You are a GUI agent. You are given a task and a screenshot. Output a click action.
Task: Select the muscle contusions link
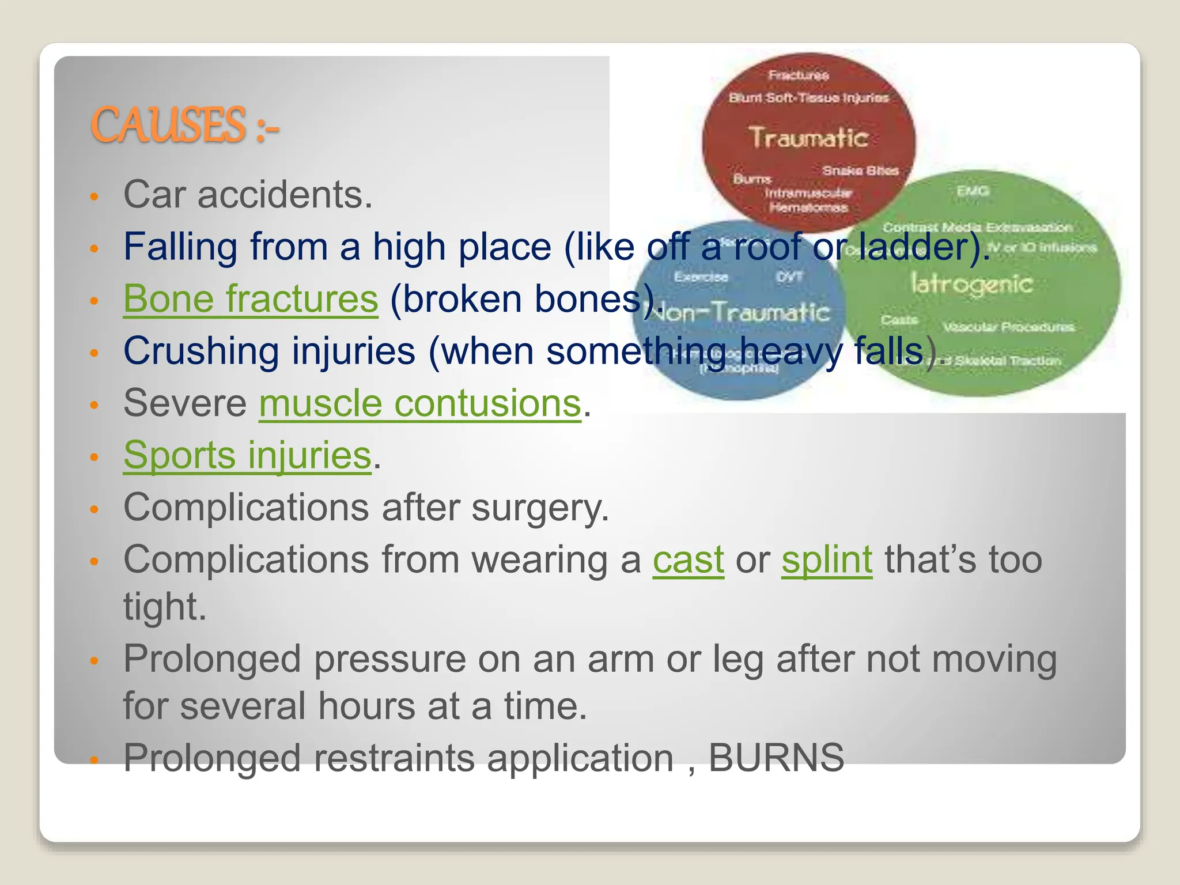[x=419, y=403]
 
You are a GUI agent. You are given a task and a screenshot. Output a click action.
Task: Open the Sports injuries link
[x=247, y=455]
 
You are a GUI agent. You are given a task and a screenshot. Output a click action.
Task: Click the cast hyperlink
[x=688, y=559]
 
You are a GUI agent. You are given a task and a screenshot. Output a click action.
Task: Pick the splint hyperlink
[x=827, y=559]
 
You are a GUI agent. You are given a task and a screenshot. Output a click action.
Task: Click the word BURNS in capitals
[x=776, y=758]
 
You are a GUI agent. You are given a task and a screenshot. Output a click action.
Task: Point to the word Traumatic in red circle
[x=808, y=138]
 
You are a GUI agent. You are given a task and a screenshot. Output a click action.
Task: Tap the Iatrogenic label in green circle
[x=971, y=284]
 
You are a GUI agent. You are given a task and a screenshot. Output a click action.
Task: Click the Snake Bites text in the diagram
[x=860, y=171]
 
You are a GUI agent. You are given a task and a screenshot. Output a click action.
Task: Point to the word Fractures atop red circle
[x=798, y=75]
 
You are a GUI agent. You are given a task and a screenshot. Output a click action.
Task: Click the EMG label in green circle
[x=973, y=191]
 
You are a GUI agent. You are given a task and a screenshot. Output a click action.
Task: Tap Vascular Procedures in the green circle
[x=1008, y=327]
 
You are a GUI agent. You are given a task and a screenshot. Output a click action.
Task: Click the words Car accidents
[x=248, y=195]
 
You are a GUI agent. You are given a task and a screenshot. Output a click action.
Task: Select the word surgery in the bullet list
[x=539, y=508]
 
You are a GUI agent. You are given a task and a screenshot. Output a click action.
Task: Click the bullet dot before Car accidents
[x=95, y=197]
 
